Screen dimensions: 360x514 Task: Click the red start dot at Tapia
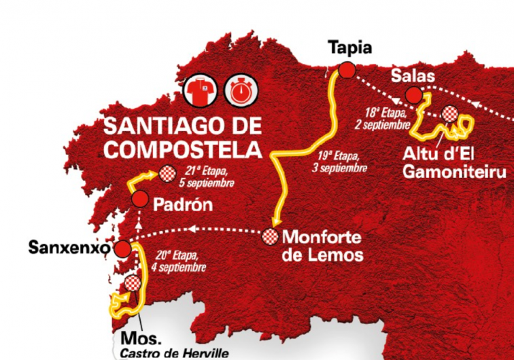347,70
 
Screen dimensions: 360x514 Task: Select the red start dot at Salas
413,94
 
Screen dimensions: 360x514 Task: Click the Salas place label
413,74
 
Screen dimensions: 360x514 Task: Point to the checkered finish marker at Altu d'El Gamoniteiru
449,113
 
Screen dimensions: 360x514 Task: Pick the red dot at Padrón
139,199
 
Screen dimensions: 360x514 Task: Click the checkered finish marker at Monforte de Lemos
271,237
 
